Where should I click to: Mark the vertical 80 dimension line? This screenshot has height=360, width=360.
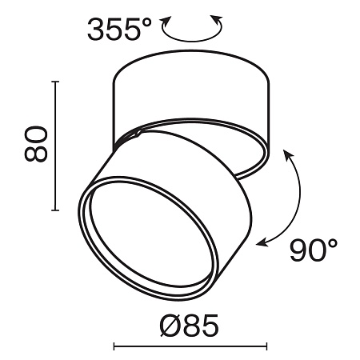coord(54,144)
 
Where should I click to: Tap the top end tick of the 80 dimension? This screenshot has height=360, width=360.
coord(54,80)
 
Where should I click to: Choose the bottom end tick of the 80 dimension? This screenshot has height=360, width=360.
coord(54,210)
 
